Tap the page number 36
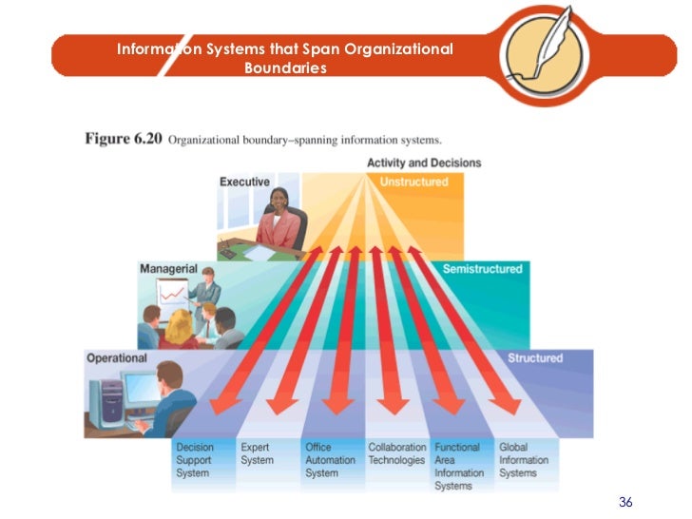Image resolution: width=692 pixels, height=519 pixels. (x=625, y=502)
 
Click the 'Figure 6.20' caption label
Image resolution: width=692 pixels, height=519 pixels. (x=123, y=139)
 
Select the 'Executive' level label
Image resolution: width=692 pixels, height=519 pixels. (x=244, y=182)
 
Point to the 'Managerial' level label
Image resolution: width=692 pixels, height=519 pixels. (x=168, y=269)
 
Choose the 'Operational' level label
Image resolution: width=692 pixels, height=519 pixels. (x=117, y=358)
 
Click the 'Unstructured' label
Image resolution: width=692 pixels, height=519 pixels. (x=413, y=182)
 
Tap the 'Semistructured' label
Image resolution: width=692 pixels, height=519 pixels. (x=482, y=269)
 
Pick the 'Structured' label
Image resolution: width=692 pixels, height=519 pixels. (x=534, y=358)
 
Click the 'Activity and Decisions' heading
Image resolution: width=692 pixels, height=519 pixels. (x=424, y=163)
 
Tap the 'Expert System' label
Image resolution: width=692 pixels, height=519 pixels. (x=256, y=453)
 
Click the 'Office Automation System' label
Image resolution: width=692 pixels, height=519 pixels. (x=325, y=460)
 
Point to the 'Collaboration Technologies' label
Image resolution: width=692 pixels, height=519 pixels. (x=396, y=453)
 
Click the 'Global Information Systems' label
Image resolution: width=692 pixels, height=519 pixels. (x=524, y=460)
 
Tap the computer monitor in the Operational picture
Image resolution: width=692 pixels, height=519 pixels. (x=138, y=389)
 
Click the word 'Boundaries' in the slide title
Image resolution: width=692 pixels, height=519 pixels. (x=285, y=68)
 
